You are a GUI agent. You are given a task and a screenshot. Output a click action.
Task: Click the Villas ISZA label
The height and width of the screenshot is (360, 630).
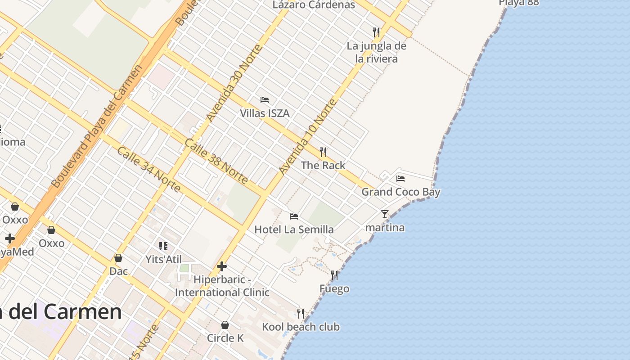[265, 113]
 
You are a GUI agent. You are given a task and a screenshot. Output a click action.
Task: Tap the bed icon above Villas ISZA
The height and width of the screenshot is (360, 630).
[265, 100]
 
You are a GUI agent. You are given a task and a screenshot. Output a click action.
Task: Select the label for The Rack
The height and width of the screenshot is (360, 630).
[323, 165]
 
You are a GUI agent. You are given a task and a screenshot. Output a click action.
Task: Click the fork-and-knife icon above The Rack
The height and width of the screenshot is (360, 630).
[323, 152]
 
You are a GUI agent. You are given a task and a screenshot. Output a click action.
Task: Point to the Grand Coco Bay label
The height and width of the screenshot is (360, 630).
[401, 192]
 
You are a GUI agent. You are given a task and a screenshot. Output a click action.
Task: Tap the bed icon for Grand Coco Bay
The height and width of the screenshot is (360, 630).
[400, 179]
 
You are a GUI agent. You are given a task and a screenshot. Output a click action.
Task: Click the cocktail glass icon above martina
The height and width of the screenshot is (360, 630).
[385, 214]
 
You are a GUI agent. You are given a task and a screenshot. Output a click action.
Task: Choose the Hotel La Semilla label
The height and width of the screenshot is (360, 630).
[294, 229]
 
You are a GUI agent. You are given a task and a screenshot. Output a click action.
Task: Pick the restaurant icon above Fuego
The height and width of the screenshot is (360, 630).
[334, 275]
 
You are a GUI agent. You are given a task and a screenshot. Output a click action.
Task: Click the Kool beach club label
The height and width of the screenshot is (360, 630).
[301, 327]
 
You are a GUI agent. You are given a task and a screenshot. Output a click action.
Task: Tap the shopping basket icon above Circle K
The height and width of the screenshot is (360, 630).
[225, 325]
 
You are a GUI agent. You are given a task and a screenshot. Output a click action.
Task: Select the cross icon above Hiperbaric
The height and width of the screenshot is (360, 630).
[222, 266]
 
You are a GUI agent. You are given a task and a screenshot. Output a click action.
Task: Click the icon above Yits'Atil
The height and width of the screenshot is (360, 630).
[163, 246]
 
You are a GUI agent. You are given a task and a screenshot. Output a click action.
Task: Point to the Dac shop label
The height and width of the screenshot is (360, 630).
[119, 271]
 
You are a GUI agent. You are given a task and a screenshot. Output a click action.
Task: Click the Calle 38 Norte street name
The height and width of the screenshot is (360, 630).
[216, 162]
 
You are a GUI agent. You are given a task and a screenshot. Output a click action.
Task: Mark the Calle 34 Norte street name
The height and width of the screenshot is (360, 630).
[149, 169]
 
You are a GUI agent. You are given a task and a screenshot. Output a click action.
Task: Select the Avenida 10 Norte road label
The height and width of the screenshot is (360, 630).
[308, 137]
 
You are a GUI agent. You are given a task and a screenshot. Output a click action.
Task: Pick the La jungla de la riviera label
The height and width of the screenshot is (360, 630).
[377, 52]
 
